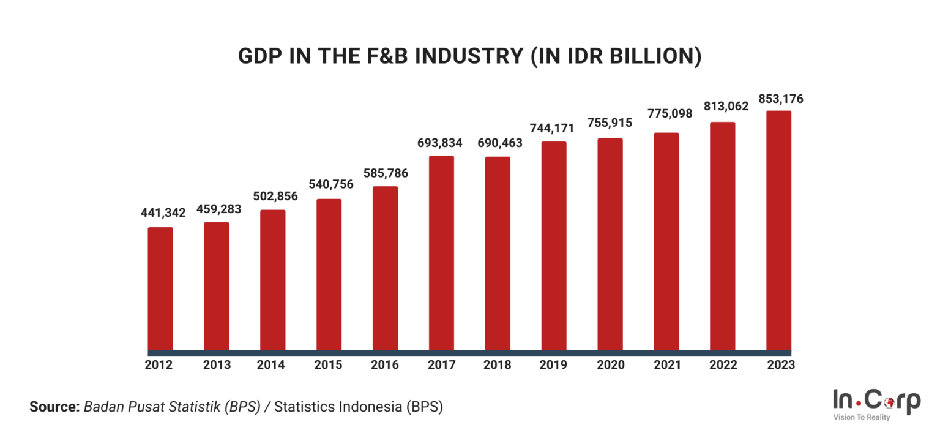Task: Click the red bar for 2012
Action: click(x=160, y=289)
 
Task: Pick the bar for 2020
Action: click(x=610, y=244)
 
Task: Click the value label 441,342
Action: click(x=160, y=213)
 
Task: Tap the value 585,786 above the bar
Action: click(x=385, y=173)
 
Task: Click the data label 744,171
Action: click(x=554, y=128)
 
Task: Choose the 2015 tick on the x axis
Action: click(x=329, y=365)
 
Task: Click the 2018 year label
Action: click(x=498, y=365)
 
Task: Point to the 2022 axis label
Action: click(x=723, y=365)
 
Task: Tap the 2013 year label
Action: click(x=217, y=365)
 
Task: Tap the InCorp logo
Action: click(x=876, y=401)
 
